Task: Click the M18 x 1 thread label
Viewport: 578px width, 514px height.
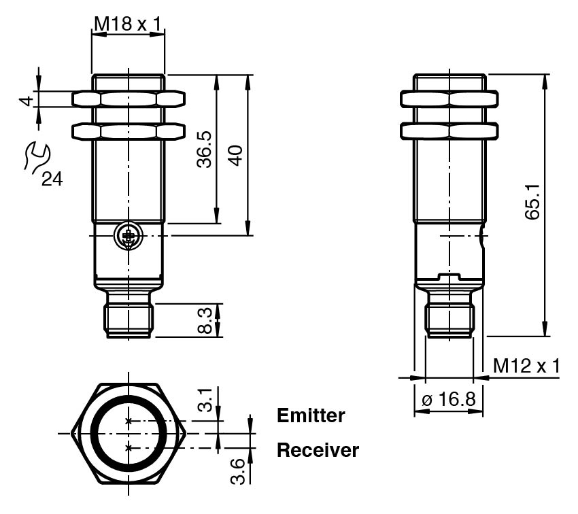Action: (x=128, y=25)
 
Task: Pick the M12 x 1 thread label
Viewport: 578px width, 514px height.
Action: (x=526, y=366)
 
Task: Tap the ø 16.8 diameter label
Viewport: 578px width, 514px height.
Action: (x=449, y=400)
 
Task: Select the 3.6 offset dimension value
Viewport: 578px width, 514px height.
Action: (x=237, y=468)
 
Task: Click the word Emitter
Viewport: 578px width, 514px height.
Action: (x=311, y=415)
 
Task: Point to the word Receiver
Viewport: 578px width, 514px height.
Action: (x=318, y=450)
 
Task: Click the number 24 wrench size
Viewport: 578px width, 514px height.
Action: (x=50, y=179)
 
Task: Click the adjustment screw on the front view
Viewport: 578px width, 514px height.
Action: (x=127, y=236)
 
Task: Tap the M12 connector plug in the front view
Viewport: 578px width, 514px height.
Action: (x=129, y=319)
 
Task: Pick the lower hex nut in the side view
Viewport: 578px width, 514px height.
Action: (x=449, y=129)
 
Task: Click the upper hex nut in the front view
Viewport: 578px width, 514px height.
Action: (x=128, y=99)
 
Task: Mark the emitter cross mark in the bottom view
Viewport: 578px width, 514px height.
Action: (x=129, y=422)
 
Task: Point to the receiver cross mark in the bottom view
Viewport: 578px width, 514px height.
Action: (x=129, y=447)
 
